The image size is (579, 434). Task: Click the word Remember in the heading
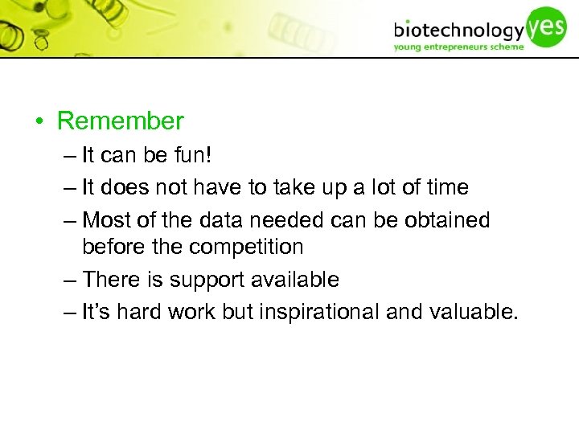tap(121, 121)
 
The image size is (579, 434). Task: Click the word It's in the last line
tap(96, 312)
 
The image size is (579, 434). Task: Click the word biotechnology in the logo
tap(458, 31)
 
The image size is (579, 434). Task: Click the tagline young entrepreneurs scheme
tap(458, 47)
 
